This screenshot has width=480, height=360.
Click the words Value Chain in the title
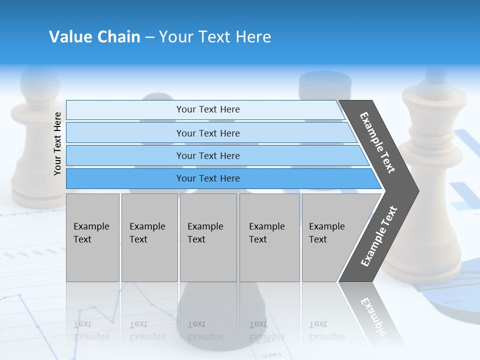[94, 37]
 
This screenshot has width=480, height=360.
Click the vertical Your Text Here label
[57, 143]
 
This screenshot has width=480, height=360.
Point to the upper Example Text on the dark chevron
[377, 142]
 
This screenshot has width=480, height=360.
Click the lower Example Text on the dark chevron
[379, 236]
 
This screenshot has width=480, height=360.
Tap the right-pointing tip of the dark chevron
[415, 190]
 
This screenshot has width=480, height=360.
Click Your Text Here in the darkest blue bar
[208, 178]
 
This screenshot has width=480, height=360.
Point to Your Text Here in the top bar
[208, 109]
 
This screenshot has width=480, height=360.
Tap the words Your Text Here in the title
[215, 37]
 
